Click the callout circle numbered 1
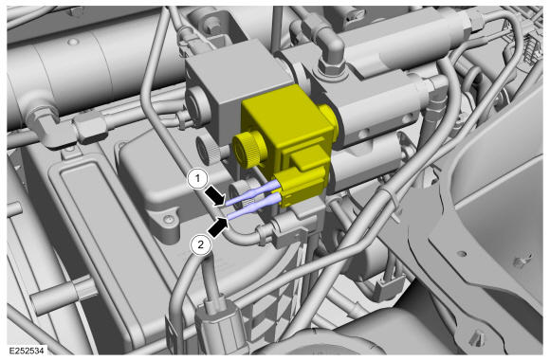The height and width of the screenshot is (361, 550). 198,179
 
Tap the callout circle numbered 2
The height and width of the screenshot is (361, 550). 200,244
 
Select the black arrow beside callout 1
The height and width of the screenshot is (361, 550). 214,196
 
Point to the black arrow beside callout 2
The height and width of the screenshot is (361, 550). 218,227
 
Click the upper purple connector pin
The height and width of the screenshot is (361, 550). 252,192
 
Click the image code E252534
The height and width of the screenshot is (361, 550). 27,351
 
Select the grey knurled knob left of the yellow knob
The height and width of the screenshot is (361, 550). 207,151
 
